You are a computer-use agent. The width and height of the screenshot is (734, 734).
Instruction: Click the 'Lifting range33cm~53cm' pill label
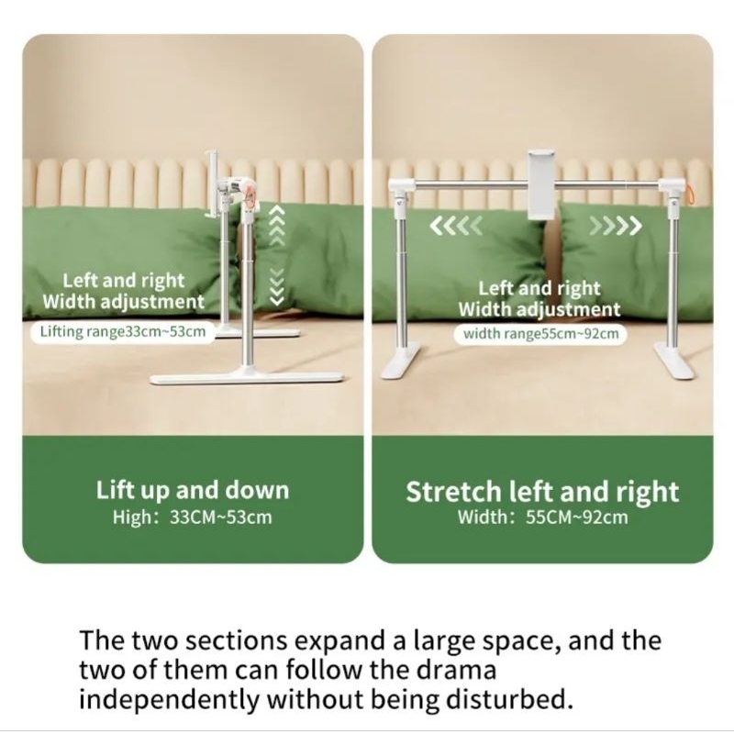[x=119, y=331]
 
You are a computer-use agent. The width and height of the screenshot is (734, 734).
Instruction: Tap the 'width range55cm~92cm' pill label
[x=540, y=334]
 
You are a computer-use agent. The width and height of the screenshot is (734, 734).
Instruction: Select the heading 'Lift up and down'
[x=193, y=490]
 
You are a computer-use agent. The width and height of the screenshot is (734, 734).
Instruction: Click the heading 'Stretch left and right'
[x=542, y=492]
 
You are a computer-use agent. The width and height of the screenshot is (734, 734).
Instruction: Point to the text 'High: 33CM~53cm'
[x=193, y=517]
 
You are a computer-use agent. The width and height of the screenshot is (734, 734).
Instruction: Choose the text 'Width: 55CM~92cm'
[x=542, y=517]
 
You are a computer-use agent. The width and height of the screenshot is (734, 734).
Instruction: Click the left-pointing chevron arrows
[x=455, y=226]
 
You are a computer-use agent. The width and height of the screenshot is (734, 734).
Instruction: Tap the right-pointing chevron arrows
[x=616, y=226]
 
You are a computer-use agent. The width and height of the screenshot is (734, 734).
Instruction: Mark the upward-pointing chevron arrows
[x=278, y=226]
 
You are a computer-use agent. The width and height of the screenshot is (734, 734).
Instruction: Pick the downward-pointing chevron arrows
[x=278, y=286]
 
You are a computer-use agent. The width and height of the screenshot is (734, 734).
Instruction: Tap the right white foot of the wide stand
[x=674, y=361]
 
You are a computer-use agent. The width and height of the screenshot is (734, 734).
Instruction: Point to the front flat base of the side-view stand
[x=247, y=378]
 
